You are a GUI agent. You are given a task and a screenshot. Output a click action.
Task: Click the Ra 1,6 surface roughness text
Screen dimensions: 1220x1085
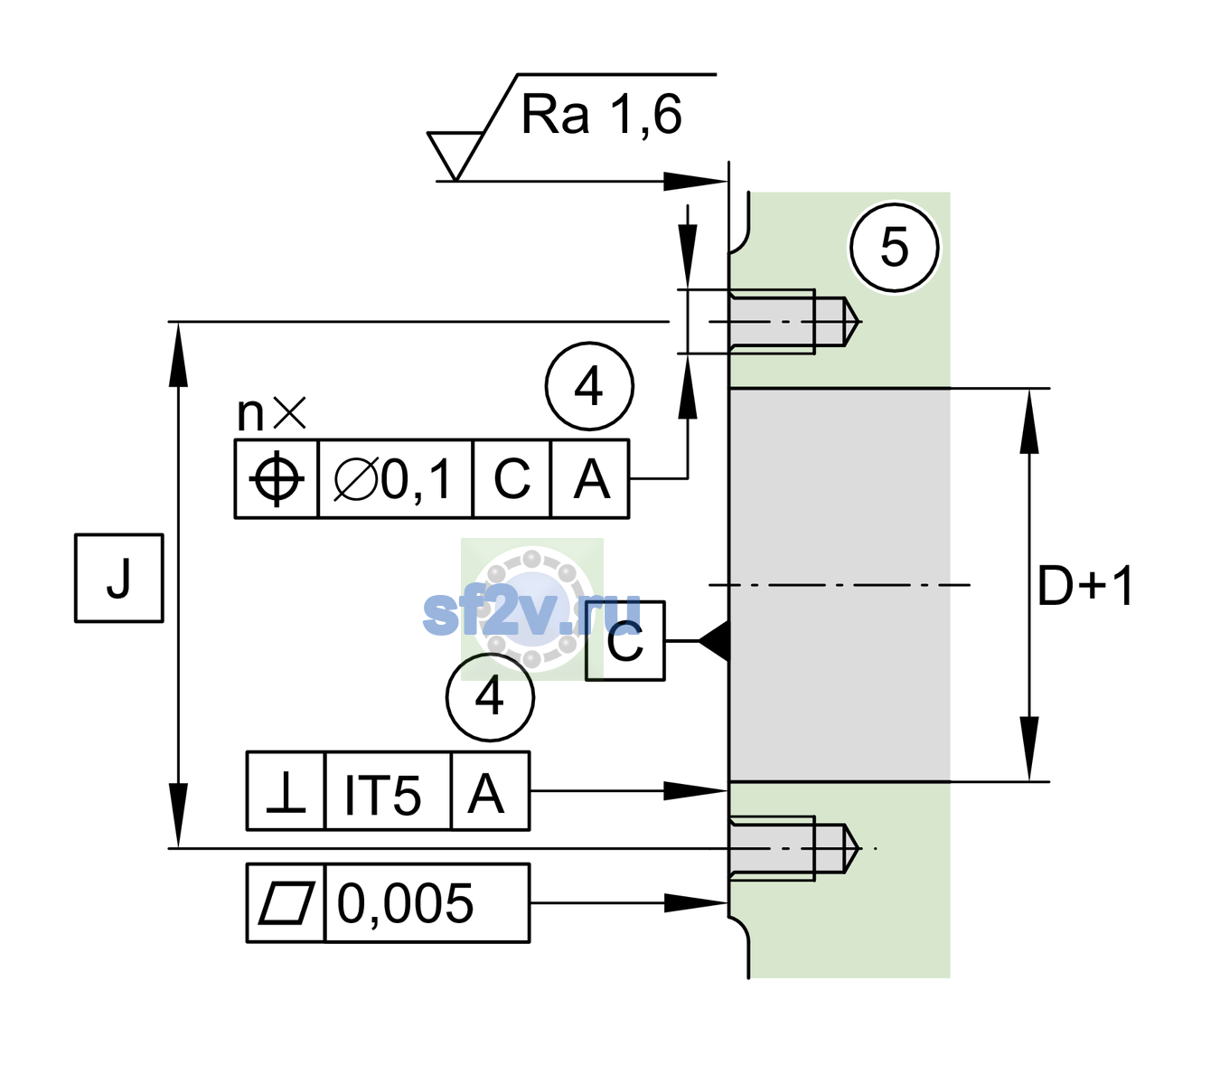point(601,115)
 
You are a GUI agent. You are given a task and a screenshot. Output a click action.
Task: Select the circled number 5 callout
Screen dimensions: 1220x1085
point(895,248)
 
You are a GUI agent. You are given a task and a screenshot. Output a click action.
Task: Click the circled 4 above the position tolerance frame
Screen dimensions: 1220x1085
point(589,386)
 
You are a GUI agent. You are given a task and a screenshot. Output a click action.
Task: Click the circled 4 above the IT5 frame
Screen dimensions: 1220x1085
point(490,698)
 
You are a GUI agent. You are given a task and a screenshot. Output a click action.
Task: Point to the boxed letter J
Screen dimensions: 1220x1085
point(119,578)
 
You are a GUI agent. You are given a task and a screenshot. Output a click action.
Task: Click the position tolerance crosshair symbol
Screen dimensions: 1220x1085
point(277,479)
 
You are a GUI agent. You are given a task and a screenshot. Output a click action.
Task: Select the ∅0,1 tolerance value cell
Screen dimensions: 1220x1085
point(395,479)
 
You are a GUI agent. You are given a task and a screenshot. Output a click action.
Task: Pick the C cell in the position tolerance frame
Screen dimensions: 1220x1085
point(511,479)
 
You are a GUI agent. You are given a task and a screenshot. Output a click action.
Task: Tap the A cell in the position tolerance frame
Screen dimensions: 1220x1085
point(590,479)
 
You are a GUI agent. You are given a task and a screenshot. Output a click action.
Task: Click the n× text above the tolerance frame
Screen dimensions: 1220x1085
point(272,413)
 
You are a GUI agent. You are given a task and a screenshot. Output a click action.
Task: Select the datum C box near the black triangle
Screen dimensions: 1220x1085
point(625,641)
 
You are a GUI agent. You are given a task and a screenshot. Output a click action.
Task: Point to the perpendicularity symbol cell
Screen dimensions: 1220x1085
point(286,791)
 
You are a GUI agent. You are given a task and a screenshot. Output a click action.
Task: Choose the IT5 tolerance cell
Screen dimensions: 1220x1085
point(388,791)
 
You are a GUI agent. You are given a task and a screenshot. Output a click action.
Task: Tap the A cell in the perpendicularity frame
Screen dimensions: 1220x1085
point(490,791)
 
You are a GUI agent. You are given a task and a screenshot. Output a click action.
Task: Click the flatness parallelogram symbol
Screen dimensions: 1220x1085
point(286,903)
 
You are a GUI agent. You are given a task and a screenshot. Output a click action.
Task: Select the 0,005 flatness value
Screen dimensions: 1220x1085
point(405,903)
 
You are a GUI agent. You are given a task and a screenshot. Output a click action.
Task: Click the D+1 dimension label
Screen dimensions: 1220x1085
point(1085,586)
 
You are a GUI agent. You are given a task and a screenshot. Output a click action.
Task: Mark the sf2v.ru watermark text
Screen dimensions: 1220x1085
point(531,612)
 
